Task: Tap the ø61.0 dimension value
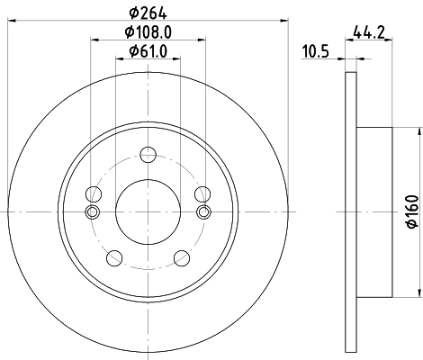click(148, 49)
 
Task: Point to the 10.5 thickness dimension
click(314, 51)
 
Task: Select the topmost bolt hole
click(147, 153)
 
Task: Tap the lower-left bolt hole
click(113, 258)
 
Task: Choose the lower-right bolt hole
click(180, 258)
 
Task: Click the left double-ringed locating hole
click(91, 212)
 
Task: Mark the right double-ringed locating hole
click(203, 212)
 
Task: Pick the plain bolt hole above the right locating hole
click(202, 193)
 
